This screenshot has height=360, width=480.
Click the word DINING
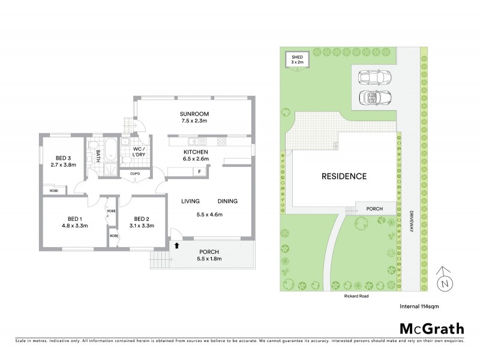tap(227, 202)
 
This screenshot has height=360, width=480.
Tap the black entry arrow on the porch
tap(176, 245)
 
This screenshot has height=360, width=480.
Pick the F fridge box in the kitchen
tap(199, 172)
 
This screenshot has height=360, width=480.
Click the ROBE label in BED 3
tap(54, 190)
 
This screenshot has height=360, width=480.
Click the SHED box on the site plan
tap(297, 59)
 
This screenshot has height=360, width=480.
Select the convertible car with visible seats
tap(374, 97)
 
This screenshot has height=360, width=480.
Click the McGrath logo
tap(431, 328)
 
